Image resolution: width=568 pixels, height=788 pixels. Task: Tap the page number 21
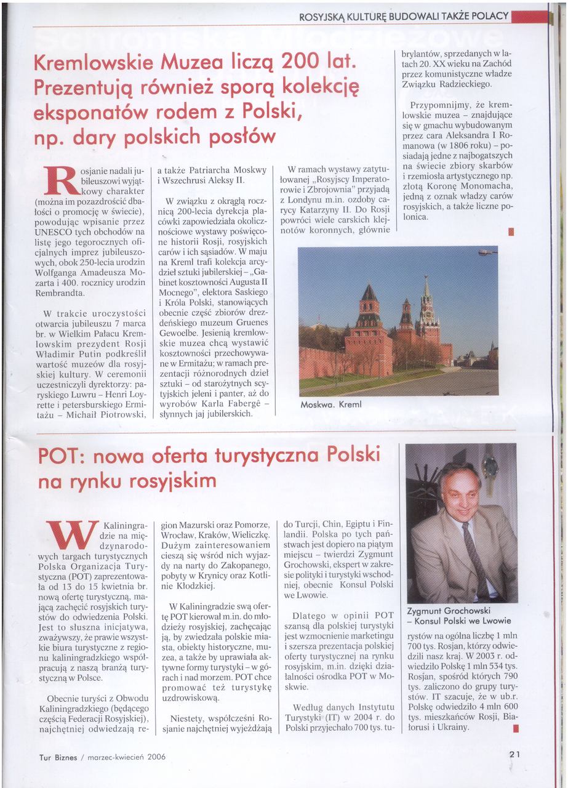click(x=515, y=755)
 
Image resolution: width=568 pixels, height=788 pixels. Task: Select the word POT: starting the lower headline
click(x=58, y=457)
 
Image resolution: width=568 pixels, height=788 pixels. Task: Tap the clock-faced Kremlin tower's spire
click(x=426, y=286)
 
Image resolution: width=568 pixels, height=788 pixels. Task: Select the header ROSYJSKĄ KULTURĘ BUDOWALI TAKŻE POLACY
click(x=404, y=17)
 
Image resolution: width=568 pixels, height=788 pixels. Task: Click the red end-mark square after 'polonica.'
click(x=510, y=232)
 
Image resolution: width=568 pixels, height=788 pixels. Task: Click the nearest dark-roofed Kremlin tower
click(x=369, y=308)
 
